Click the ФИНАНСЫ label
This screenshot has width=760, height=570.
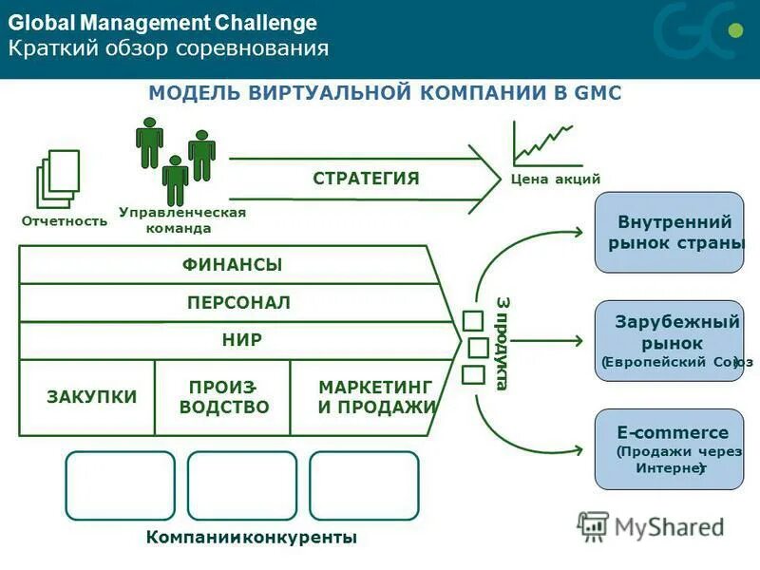point(233,265)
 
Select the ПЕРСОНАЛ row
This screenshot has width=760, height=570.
point(238,303)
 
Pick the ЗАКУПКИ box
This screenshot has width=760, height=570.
point(91,397)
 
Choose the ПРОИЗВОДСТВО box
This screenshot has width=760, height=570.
point(223,397)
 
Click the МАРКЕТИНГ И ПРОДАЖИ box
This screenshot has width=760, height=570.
point(375,397)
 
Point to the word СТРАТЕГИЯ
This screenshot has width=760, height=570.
point(366,179)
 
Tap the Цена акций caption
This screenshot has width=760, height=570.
point(555,179)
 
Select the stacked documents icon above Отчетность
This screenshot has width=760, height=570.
point(57,178)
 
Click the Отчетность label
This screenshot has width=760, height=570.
point(65,221)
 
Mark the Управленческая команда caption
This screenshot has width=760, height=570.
point(182,220)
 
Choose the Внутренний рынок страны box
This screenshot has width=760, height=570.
point(669,233)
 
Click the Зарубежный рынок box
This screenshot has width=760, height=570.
point(669,340)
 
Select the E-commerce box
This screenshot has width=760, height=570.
point(669,449)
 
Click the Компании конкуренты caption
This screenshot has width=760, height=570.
point(252,538)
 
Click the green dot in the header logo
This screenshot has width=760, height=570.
point(732,29)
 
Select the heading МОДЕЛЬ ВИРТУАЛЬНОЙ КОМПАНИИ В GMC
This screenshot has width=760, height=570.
point(386,92)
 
